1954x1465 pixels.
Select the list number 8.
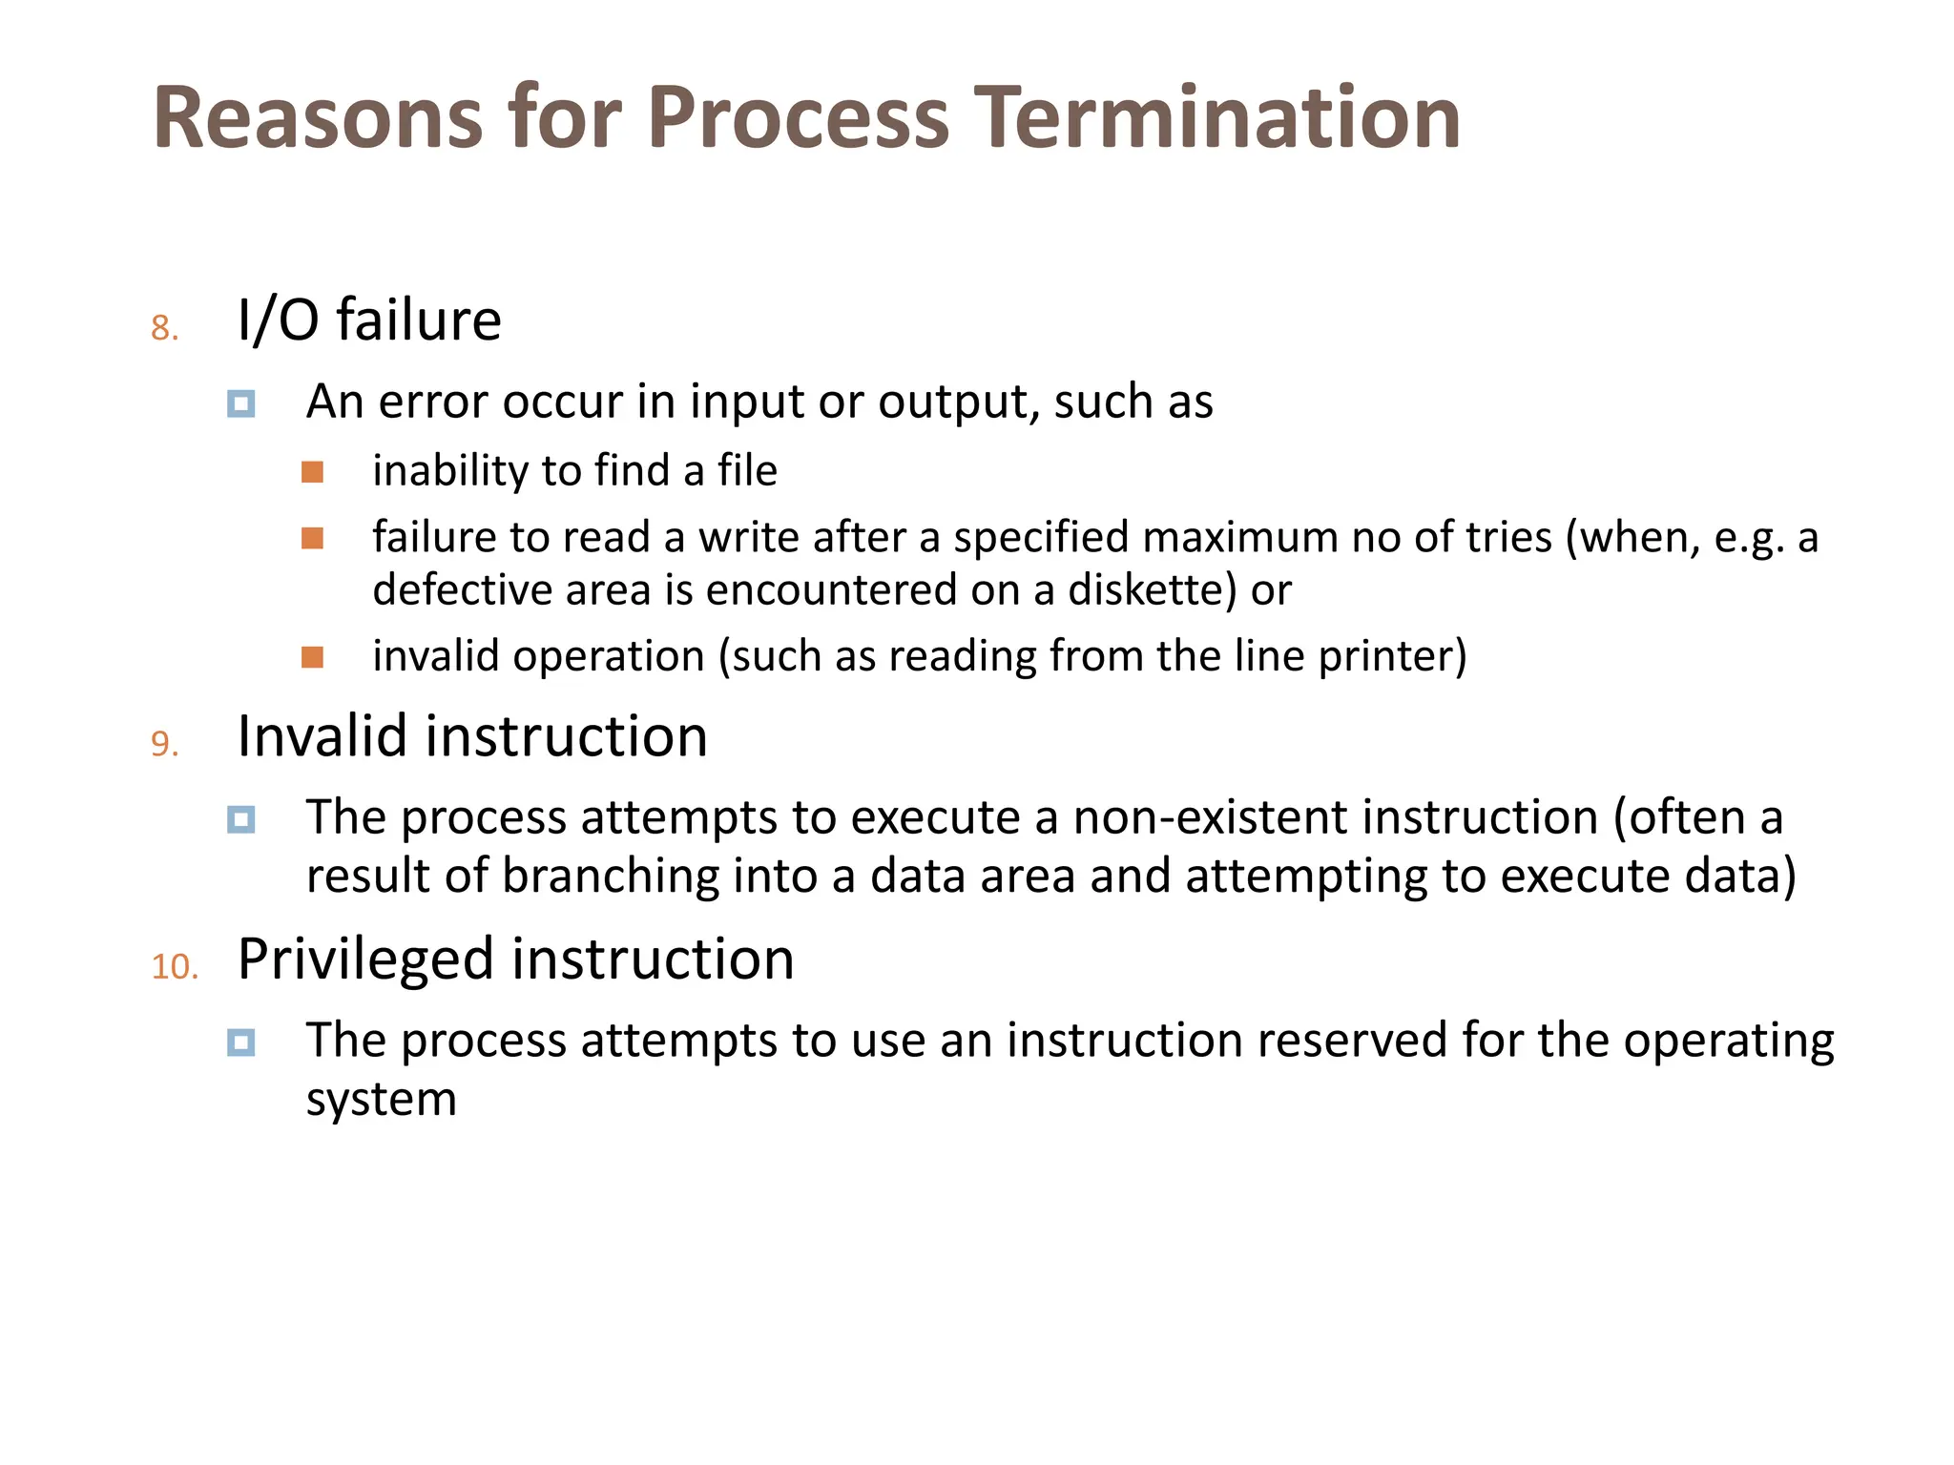[x=164, y=328]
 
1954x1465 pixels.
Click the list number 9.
[x=164, y=744]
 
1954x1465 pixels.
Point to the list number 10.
[x=175, y=966]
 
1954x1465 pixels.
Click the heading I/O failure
[x=369, y=320]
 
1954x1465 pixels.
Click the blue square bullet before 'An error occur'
[x=241, y=403]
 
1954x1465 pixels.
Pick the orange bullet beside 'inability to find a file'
[x=312, y=472]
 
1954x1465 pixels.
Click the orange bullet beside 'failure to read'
[x=312, y=539]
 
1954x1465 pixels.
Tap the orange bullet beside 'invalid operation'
[x=312, y=657]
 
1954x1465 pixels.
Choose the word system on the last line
[x=381, y=1100]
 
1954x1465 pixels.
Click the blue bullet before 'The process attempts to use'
[x=241, y=1042]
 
